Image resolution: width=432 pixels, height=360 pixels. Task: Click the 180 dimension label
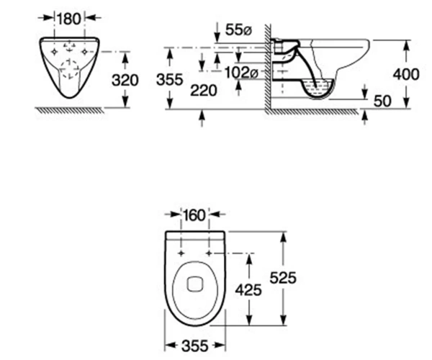(69, 19)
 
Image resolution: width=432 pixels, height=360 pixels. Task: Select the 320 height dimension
(125, 80)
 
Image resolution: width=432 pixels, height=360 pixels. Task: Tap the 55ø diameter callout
(238, 30)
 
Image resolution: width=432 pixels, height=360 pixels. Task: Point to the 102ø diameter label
(241, 73)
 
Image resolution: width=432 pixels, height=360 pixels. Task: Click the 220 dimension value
(204, 90)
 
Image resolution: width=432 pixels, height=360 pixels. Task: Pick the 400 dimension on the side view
(406, 74)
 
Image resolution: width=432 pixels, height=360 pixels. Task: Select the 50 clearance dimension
(382, 101)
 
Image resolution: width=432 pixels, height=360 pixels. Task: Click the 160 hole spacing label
(194, 215)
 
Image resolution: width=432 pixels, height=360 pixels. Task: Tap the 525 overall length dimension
(283, 277)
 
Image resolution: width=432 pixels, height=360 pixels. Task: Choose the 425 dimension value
(248, 290)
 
